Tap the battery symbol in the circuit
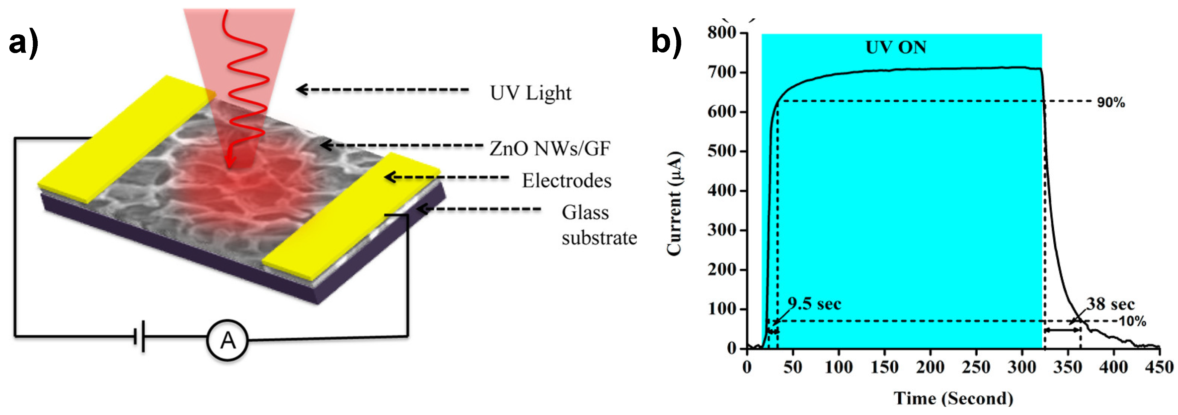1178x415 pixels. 139,337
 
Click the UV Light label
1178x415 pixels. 531,93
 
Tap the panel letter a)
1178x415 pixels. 23,44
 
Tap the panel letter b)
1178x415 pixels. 666,41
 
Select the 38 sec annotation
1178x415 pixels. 1110,304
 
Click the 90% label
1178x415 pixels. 1111,102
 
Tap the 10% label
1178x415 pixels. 1132,321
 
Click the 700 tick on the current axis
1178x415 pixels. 722,72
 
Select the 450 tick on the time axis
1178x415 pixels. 1160,367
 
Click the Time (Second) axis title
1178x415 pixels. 953,398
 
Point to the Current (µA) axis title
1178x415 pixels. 675,203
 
